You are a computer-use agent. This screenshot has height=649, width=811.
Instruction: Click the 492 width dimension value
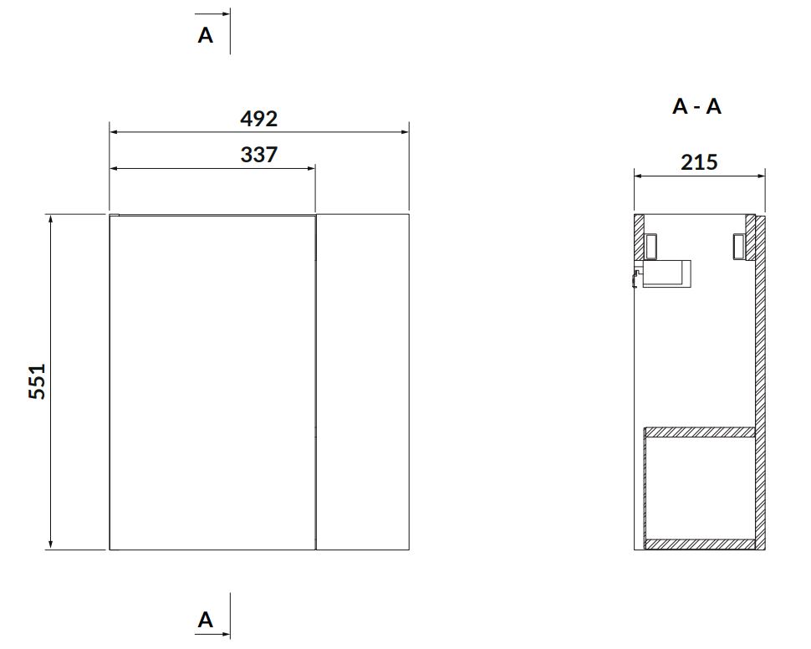[258, 119]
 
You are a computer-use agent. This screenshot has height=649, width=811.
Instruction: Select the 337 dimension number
[258, 155]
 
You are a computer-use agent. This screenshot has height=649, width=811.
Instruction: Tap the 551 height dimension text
[37, 381]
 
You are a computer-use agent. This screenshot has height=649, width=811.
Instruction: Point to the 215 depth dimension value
[699, 162]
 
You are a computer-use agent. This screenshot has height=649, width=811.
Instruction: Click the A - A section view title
[696, 106]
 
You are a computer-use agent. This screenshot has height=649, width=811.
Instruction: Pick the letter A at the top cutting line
[206, 35]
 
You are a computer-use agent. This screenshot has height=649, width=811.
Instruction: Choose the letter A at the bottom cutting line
[206, 620]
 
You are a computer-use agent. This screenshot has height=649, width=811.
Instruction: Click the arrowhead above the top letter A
[224, 14]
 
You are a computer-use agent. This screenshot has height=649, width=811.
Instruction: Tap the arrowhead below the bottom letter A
[224, 633]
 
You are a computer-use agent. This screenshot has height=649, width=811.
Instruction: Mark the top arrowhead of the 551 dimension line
[51, 221]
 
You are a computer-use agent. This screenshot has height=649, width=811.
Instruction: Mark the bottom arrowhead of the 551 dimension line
[51, 543]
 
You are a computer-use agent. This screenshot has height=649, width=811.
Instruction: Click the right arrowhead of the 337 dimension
[310, 168]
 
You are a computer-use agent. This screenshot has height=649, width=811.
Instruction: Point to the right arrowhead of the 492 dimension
[403, 132]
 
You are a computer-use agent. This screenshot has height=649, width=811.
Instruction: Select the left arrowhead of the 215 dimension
[640, 176]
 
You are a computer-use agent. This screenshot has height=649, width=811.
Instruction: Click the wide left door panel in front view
[212, 382]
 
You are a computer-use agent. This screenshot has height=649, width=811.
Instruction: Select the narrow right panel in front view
[363, 382]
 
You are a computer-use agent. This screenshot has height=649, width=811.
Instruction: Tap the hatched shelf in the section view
[699, 432]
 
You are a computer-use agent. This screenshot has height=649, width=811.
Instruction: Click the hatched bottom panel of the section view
[699, 544]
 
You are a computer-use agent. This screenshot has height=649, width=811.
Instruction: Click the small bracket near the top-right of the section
[738, 247]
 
